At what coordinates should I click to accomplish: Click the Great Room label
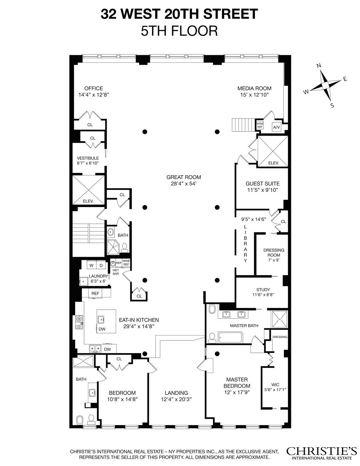(x=184, y=177)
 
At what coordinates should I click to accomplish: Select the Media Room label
(x=254, y=89)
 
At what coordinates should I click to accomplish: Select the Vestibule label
(x=88, y=158)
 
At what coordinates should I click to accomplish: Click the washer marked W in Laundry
(x=91, y=266)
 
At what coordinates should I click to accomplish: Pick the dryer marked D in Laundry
(x=101, y=266)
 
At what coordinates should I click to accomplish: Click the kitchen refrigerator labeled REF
(x=95, y=293)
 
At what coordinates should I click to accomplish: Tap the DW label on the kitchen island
(x=102, y=329)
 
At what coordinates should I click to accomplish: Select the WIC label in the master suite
(x=275, y=384)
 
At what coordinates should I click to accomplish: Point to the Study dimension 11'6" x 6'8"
(x=263, y=295)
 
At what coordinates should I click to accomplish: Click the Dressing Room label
(x=274, y=252)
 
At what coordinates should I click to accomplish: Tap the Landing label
(x=176, y=393)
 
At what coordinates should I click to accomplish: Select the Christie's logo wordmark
(x=321, y=451)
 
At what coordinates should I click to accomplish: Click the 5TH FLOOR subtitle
(x=179, y=31)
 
